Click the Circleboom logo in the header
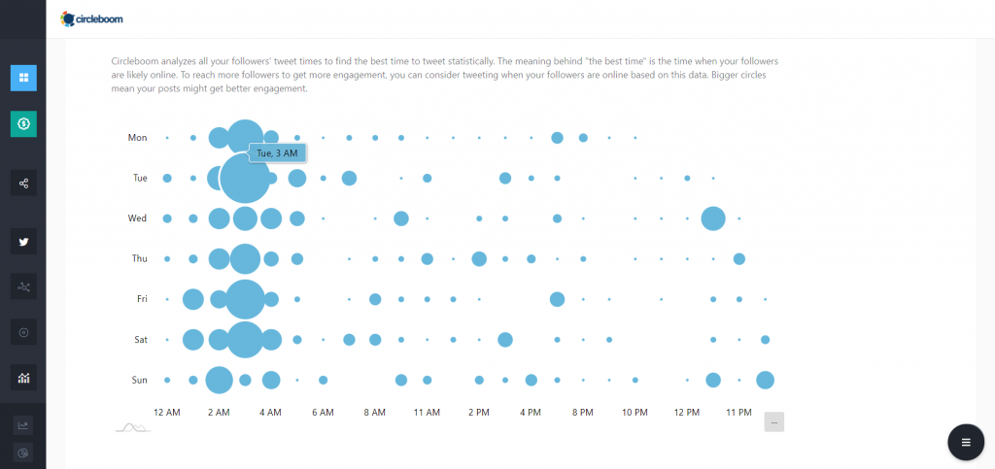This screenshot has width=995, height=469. [91, 18]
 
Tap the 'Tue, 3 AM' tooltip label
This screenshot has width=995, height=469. [278, 152]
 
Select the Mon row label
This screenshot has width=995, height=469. [137, 138]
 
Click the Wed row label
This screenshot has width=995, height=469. [137, 218]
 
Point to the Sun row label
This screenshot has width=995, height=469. [139, 380]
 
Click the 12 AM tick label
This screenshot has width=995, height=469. [167, 413]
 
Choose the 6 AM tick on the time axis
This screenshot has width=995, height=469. [323, 413]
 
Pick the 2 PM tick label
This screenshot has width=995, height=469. [478, 413]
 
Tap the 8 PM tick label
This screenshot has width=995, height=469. [582, 413]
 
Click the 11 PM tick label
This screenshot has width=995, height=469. [738, 413]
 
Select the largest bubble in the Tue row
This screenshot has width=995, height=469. [245, 178]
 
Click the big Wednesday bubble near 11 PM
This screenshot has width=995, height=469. [713, 218]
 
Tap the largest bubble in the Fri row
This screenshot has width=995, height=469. [245, 299]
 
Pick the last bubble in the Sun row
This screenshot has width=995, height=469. [765, 380]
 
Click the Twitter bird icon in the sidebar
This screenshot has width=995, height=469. [23, 242]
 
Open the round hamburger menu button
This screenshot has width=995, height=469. [965, 442]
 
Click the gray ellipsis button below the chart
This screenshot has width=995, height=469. [773, 421]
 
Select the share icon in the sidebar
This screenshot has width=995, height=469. [23, 183]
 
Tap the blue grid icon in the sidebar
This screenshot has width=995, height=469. [23, 78]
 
